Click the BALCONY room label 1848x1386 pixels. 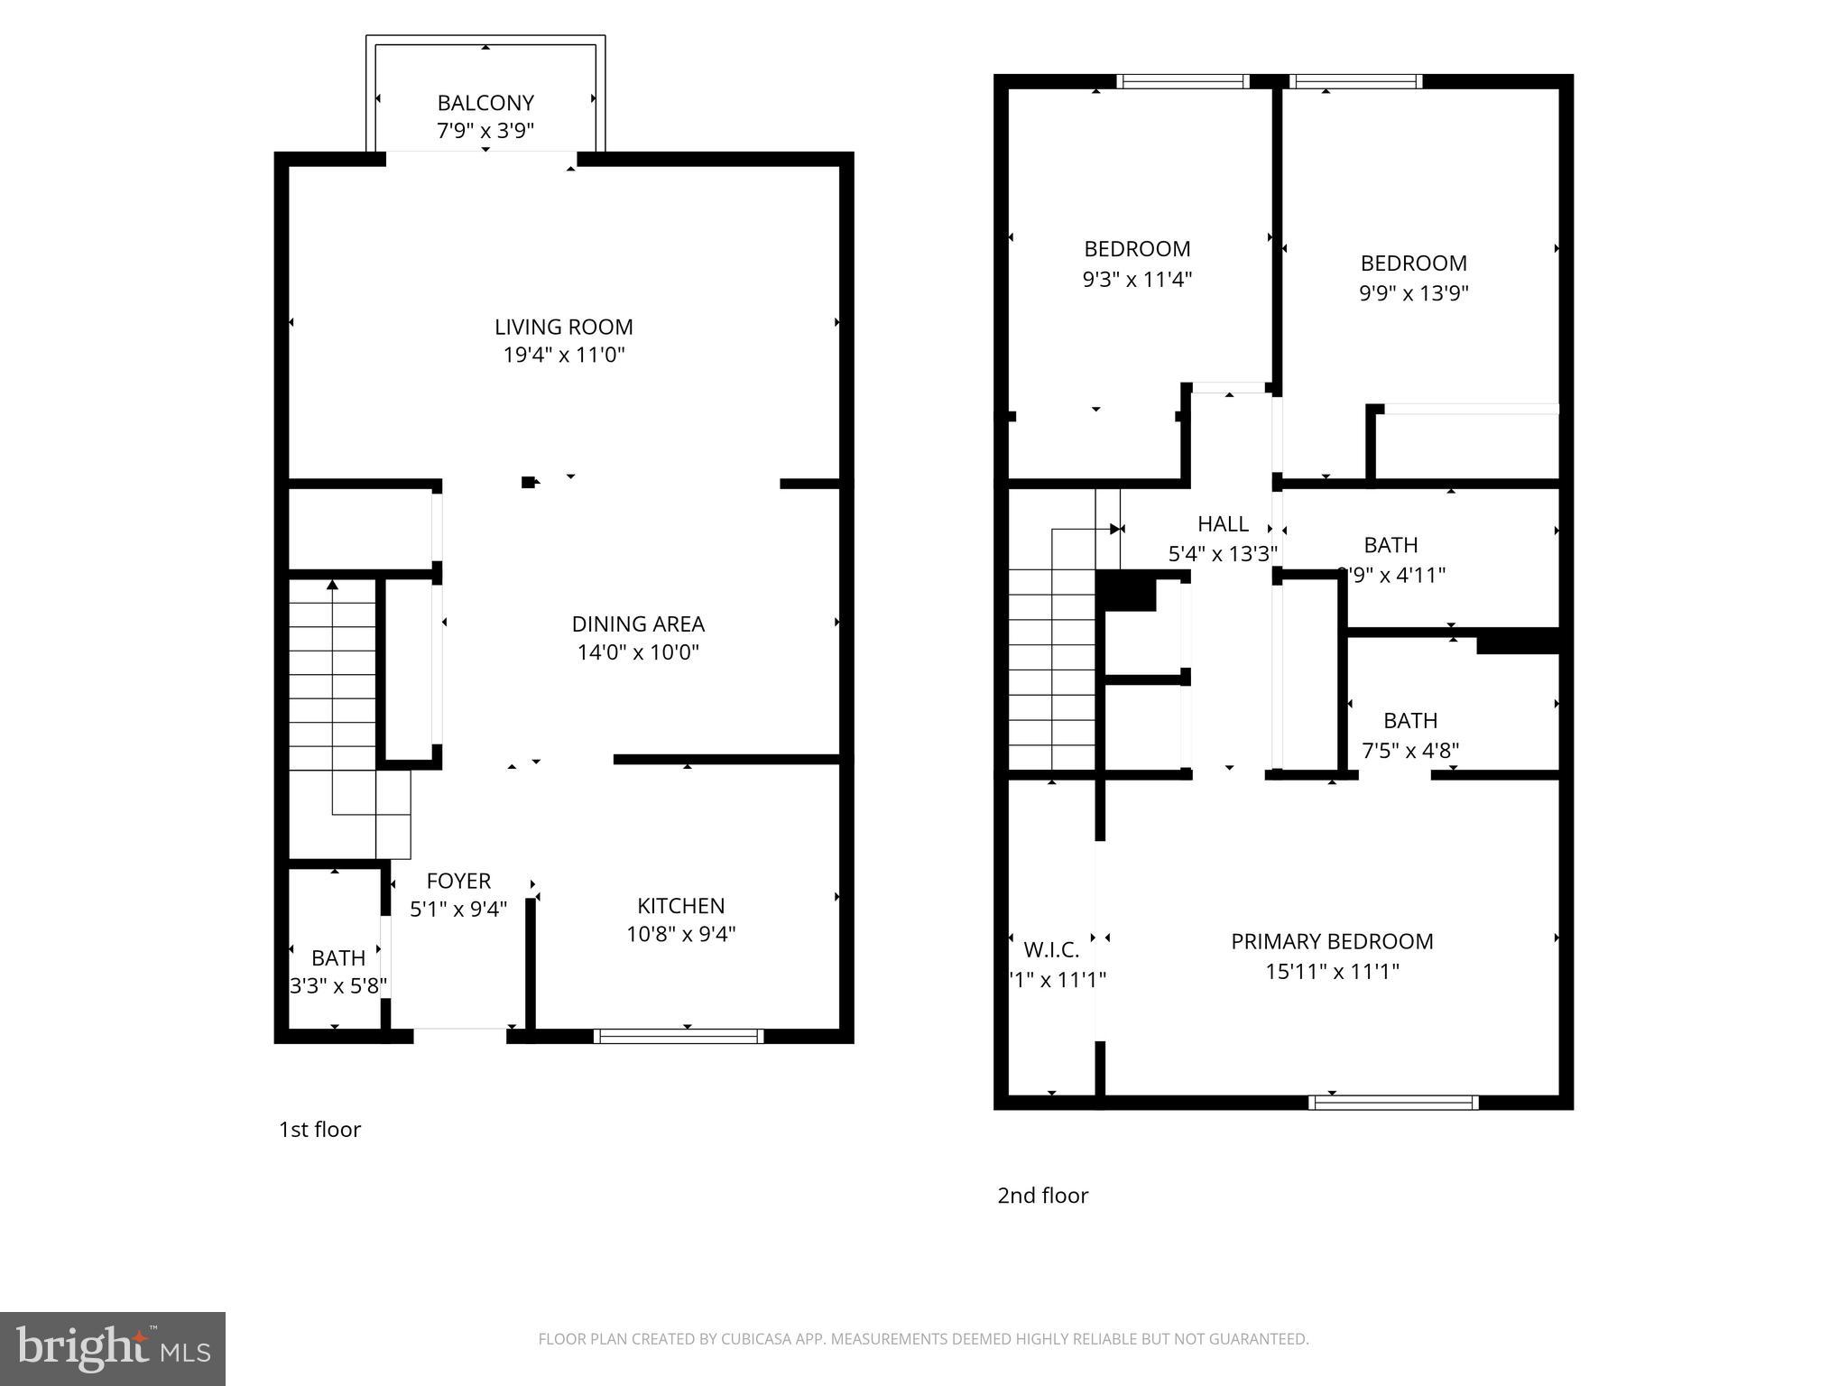pos(485,103)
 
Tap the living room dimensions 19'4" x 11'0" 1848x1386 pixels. pos(564,355)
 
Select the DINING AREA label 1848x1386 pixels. pos(638,624)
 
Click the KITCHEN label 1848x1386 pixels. pos(680,905)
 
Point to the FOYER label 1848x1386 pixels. pos(458,881)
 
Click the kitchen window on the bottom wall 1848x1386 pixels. pos(679,1036)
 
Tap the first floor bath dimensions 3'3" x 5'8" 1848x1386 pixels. pos(338,985)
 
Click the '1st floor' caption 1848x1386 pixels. pos(319,1130)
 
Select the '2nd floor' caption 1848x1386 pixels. pos(1042,1196)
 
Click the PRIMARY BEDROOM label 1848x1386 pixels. pos(1332,941)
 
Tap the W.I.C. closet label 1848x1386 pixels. pos(1051,949)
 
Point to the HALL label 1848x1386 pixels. pos(1223,524)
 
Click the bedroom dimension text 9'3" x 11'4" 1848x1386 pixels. pos(1137,279)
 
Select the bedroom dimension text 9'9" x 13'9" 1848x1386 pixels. pos(1413,293)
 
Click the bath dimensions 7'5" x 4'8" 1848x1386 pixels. pos(1409,750)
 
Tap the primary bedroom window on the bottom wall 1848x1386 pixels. pos(1393,1102)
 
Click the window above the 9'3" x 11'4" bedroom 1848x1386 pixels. pos(1182,81)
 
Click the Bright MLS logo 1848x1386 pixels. pos(113,1348)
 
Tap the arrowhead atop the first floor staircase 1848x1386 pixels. pos(332,585)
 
